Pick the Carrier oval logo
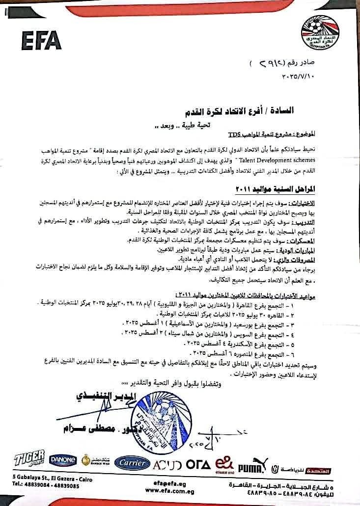pyautogui.click(x=131, y=463)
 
